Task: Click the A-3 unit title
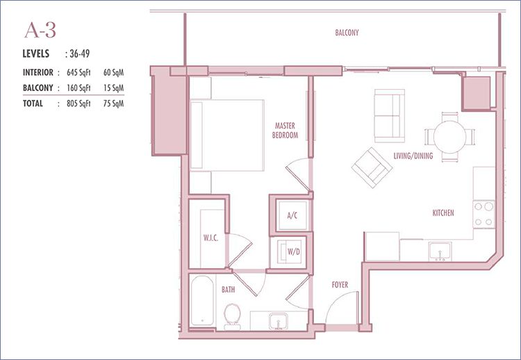tap(40, 30)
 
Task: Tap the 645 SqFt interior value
tap(78, 72)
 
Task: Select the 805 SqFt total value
tap(78, 104)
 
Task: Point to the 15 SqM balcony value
tap(113, 88)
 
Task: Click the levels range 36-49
tap(79, 54)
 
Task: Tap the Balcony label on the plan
tap(347, 33)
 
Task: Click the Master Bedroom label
tap(285, 130)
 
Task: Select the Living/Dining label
tap(413, 156)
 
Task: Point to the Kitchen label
tap(443, 213)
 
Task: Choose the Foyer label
tap(340, 284)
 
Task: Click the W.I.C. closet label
tap(210, 238)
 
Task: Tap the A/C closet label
tap(292, 215)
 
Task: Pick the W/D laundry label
tap(294, 252)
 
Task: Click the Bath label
tap(229, 290)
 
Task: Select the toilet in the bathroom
tap(232, 316)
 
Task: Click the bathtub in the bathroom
tap(202, 301)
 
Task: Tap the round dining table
tap(449, 137)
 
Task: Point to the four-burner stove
tap(483, 214)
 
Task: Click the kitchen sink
tap(440, 252)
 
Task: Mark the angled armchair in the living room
tap(372, 167)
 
